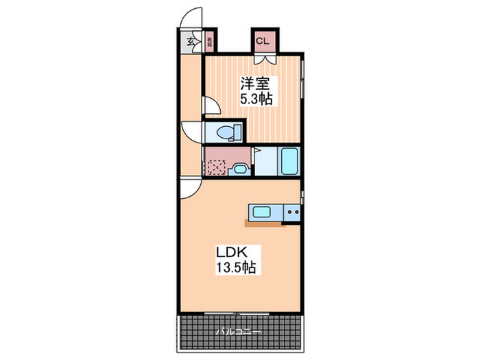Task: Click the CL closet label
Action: [262, 40]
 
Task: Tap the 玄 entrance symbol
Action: [190, 41]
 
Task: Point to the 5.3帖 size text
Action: [256, 99]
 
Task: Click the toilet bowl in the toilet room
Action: [225, 132]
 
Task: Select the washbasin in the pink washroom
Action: [240, 168]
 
